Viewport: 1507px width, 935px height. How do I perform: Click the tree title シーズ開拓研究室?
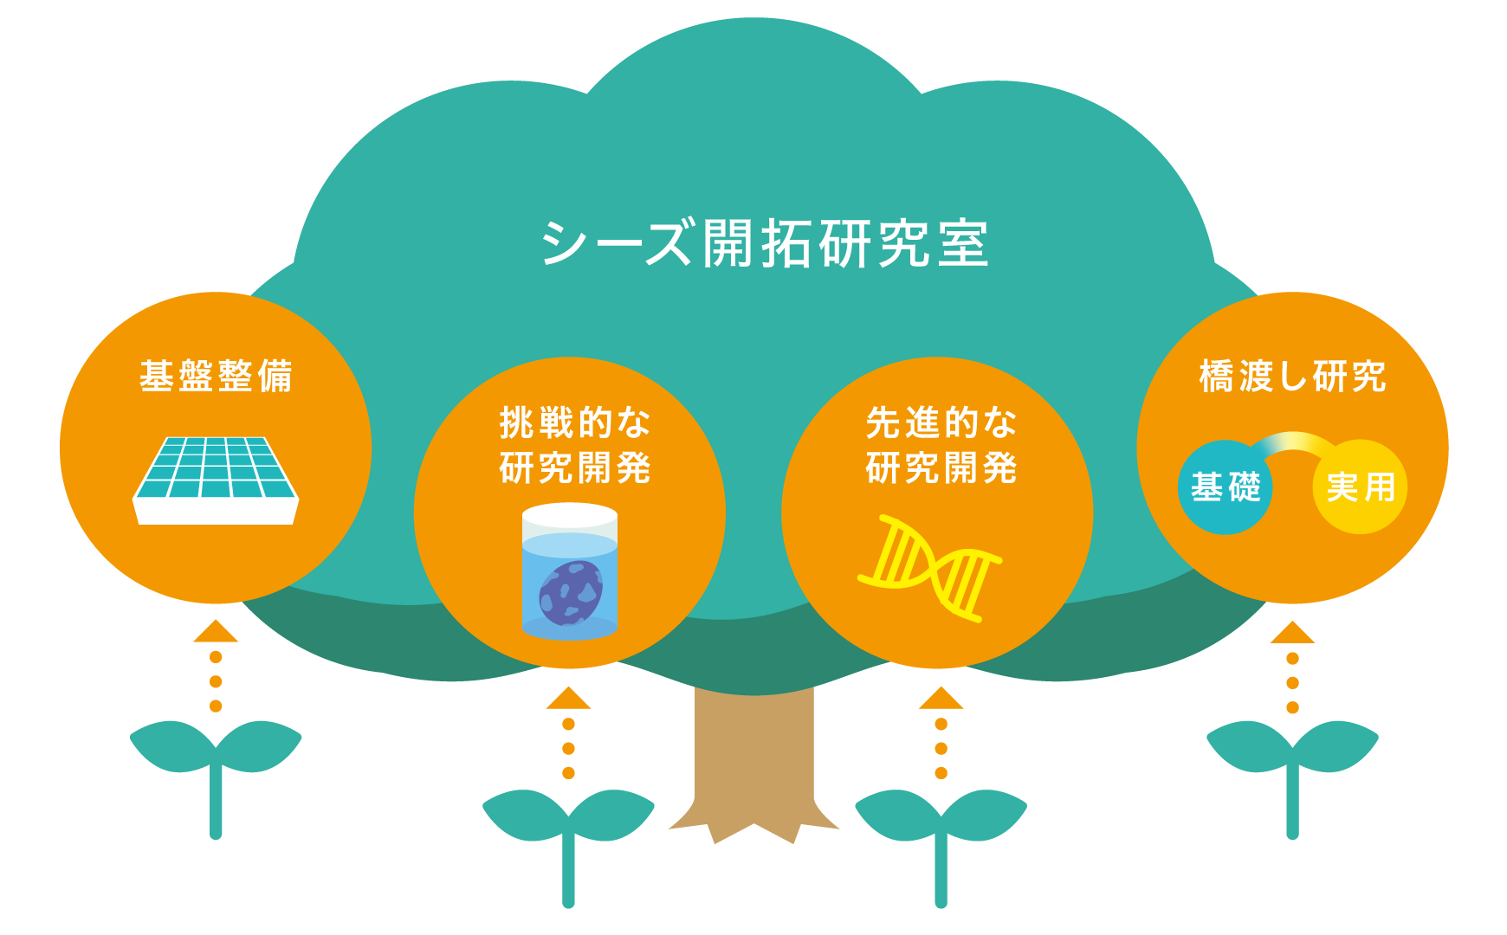coord(764,244)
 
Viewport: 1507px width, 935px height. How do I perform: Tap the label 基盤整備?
coord(216,377)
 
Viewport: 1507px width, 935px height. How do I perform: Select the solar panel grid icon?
coord(216,479)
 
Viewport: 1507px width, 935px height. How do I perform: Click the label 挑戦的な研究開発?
coord(574,445)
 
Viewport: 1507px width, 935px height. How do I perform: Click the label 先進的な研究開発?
coord(941,445)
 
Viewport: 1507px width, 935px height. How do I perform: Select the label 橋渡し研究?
coord(1292,377)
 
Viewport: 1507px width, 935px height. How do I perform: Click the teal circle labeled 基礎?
coord(1225,487)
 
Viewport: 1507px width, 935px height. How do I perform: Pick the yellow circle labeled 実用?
coord(1361,487)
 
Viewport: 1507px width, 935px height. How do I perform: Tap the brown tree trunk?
coord(753,762)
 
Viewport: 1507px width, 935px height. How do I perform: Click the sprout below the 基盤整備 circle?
coord(216,762)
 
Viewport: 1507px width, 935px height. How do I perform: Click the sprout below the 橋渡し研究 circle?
coord(1292,762)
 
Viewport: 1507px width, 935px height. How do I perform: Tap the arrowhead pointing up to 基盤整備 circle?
coord(216,632)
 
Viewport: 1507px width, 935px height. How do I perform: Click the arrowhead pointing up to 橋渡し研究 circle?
coord(1292,633)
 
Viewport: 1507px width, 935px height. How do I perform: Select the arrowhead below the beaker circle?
coord(568,699)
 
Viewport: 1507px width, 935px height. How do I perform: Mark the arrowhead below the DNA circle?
coord(941,699)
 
